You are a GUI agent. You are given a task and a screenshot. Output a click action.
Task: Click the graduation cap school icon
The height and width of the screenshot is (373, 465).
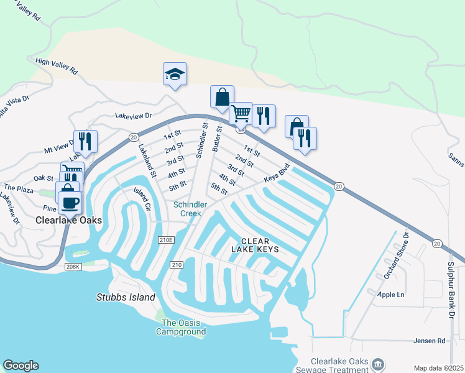[x=175, y=75]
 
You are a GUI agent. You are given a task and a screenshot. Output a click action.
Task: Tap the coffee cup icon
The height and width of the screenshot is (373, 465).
[x=70, y=201]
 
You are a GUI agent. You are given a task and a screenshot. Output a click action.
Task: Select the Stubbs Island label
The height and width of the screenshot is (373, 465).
[x=126, y=298]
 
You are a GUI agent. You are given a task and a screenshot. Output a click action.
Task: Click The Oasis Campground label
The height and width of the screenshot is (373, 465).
[x=183, y=327]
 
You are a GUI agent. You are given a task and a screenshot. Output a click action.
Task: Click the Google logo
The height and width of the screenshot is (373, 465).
[x=21, y=366]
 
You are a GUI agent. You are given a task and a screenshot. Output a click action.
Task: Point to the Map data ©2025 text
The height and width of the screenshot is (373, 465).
[x=438, y=368]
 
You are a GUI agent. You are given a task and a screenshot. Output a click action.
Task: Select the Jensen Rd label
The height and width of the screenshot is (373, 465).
[x=430, y=341]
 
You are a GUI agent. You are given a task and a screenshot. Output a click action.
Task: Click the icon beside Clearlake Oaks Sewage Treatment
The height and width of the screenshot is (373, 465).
[x=377, y=364]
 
